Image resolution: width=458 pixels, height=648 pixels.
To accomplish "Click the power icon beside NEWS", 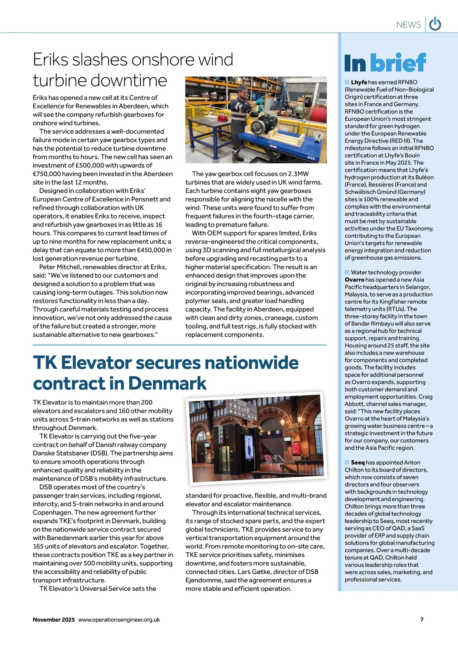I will (435, 24).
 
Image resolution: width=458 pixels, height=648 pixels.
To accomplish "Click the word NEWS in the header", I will (408, 25).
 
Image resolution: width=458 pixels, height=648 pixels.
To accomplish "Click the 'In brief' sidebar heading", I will (385, 63).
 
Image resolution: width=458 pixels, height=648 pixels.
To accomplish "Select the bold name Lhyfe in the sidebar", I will (359, 82).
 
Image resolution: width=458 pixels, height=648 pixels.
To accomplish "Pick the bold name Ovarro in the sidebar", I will (354, 280).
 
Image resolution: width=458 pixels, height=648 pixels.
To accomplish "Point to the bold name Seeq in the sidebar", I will (358, 462).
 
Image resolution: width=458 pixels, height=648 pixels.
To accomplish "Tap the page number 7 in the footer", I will (422, 619).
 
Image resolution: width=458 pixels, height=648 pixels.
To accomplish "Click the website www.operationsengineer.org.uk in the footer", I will (119, 619).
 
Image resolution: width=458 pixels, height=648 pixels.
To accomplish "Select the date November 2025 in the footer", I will (53, 619).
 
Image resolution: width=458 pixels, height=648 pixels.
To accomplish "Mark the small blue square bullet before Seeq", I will (347, 462).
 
